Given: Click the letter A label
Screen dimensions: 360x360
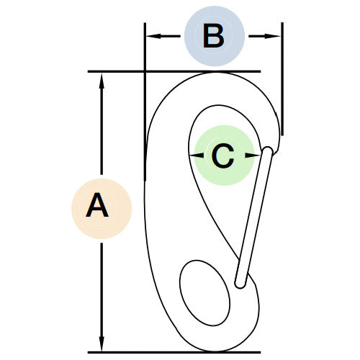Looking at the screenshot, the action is pos(97,204).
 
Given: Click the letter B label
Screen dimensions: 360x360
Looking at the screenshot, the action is pos(213,36).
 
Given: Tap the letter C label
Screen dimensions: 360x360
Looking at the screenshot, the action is pos(223,156).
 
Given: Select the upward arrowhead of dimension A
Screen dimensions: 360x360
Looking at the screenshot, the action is pos(102,81).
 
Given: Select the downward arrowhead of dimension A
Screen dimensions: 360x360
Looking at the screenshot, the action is pos(102,343).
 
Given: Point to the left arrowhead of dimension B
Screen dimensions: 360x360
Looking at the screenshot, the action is pos(153,36).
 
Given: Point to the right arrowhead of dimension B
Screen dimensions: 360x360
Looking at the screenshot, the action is pos(272,36).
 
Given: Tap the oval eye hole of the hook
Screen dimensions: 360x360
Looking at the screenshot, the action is pos(204,293).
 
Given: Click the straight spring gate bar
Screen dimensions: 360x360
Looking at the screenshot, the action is pos(254,217).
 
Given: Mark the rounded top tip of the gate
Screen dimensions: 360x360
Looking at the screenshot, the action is pos(268,150).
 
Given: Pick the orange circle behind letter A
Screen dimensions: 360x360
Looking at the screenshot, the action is pos(102,209).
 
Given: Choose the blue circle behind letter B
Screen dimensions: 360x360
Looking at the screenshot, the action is pos(215,36).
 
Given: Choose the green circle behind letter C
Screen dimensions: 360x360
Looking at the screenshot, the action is pos(224,156).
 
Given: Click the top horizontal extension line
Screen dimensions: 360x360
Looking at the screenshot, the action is pos(174,71).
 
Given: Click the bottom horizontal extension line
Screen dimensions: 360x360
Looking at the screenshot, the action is pos(174,352).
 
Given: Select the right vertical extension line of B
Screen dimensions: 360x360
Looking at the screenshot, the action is pos(282,79).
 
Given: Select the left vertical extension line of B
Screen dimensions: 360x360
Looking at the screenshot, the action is pos(145,102).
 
